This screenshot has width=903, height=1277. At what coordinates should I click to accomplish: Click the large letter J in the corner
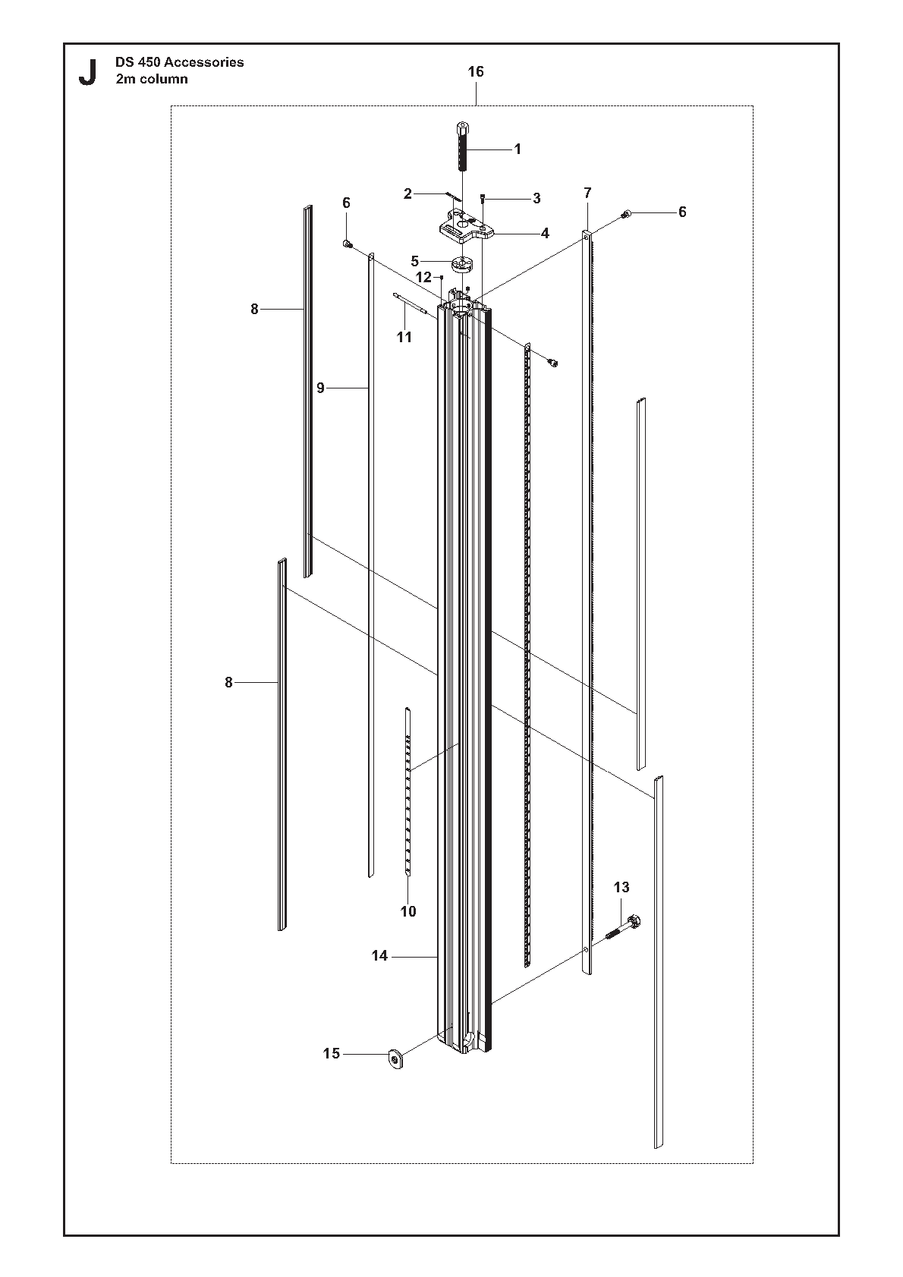(x=87, y=72)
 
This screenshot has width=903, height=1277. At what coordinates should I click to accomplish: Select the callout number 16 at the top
(x=476, y=72)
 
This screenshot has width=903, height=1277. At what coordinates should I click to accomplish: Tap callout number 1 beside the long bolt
(x=518, y=149)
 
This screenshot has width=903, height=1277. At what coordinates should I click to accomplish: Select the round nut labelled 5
(x=459, y=265)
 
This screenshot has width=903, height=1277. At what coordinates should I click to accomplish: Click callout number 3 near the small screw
(x=536, y=198)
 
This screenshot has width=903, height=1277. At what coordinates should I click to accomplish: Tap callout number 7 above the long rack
(x=588, y=193)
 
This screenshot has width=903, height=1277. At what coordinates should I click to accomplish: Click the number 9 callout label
(x=320, y=388)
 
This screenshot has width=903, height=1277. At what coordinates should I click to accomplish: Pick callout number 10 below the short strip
(x=408, y=911)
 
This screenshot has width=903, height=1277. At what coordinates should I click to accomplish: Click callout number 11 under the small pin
(x=404, y=338)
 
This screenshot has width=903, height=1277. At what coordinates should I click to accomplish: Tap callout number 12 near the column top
(x=423, y=278)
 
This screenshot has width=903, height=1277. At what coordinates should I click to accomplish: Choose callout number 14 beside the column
(x=379, y=955)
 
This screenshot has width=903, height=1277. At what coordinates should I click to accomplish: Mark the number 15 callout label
(x=331, y=1053)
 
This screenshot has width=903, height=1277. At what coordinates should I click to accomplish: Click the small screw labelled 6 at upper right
(x=626, y=214)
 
